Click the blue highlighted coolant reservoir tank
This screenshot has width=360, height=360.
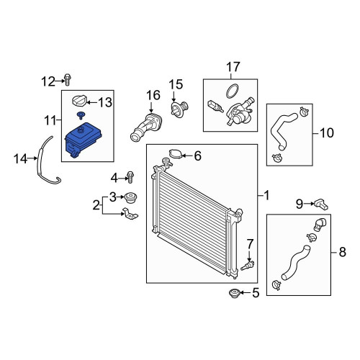[83, 139]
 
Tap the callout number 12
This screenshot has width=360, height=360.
[48, 81]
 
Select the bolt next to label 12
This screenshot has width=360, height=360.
[68, 79]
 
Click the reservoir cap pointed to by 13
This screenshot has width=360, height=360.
[79, 101]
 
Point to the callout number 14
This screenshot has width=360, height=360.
[20, 159]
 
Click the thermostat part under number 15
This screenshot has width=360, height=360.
[179, 109]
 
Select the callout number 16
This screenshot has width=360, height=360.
[153, 95]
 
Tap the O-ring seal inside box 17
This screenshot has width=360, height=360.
[232, 91]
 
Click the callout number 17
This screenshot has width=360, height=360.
[233, 67]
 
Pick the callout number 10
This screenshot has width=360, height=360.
[327, 132]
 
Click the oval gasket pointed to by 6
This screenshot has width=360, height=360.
[176, 154]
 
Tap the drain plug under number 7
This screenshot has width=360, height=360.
[248, 266]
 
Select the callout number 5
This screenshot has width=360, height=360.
[256, 293]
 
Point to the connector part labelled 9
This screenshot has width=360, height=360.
[321, 204]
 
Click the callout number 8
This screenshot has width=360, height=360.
[343, 252]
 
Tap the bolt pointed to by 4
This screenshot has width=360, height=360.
[130, 177]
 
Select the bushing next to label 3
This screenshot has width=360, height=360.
[131, 198]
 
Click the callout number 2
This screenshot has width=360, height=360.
[96, 205]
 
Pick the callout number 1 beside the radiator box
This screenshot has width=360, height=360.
[266, 196]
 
